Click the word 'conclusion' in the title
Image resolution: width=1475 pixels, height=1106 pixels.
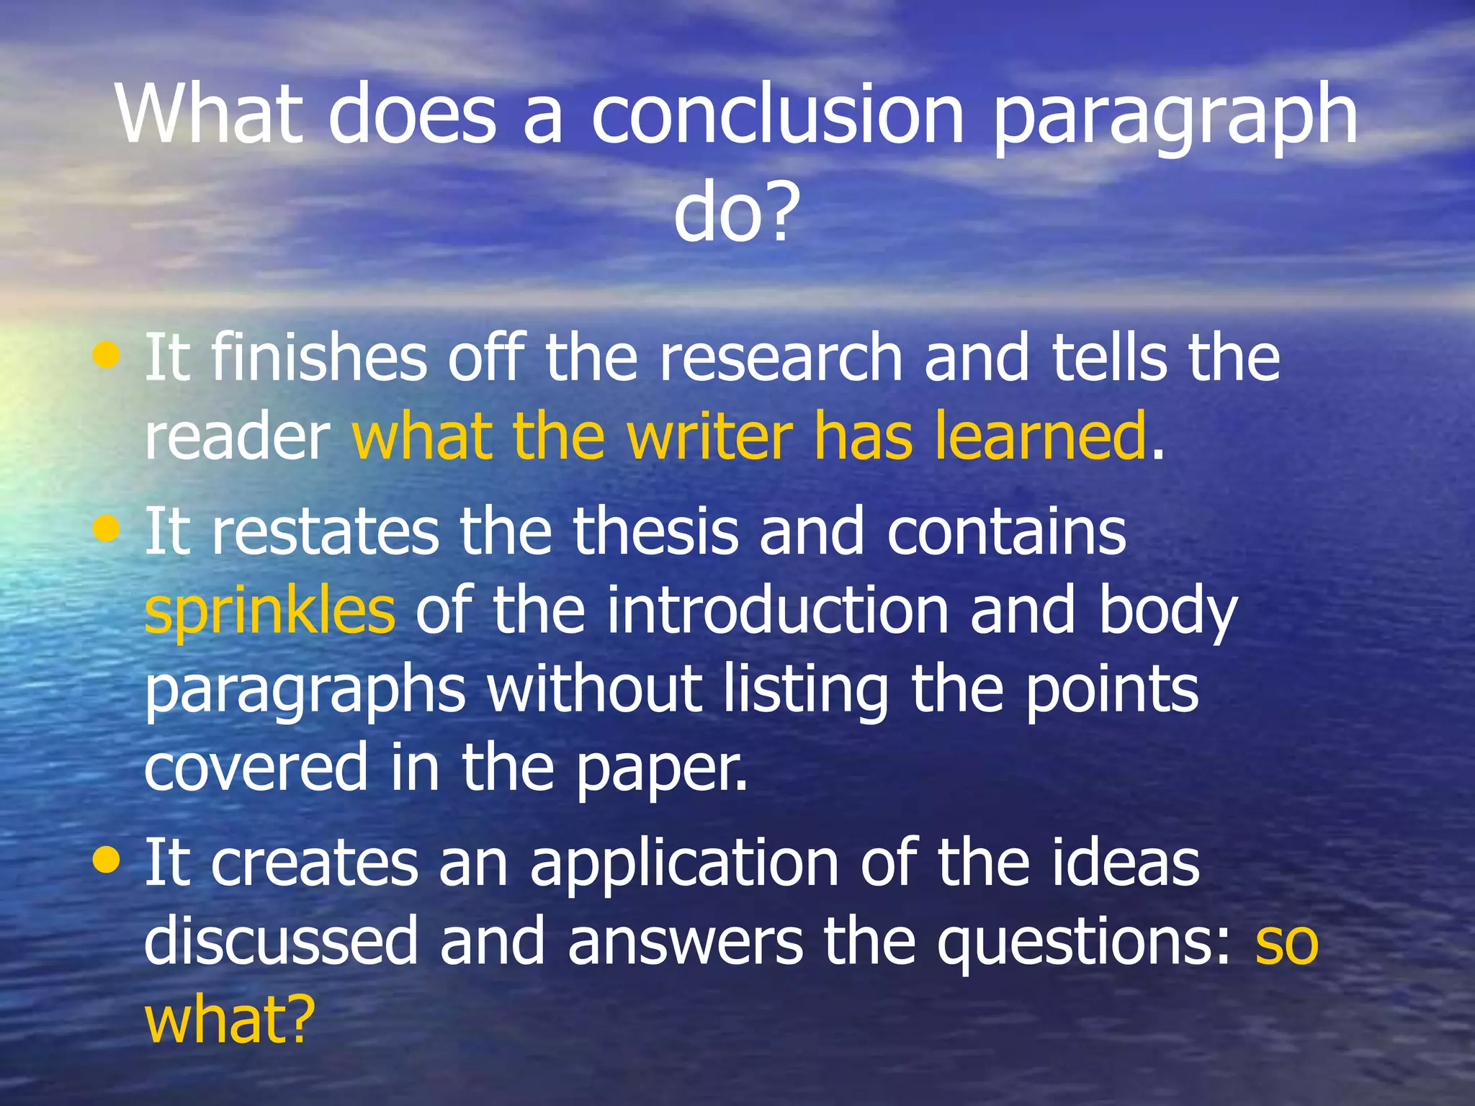point(778,115)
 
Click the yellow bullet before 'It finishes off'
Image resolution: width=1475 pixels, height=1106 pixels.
point(107,354)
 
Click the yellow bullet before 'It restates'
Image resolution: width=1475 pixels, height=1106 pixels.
point(107,529)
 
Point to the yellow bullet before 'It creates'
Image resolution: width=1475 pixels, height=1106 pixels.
point(107,860)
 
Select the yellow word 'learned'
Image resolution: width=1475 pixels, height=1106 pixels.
point(1040,436)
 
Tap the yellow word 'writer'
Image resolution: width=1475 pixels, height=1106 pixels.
point(709,436)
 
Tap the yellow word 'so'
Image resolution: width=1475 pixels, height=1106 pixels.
point(1286,945)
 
